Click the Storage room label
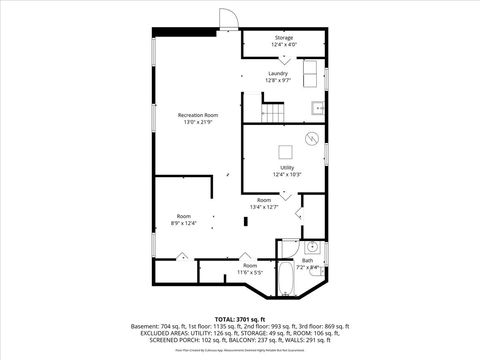(x=284, y=38)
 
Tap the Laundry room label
(x=278, y=73)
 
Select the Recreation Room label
(x=198, y=115)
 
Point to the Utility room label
(x=287, y=167)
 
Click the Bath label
(x=308, y=260)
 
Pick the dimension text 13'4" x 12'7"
(x=264, y=207)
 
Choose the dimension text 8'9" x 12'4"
(x=184, y=223)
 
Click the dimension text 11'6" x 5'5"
(x=249, y=272)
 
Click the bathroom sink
(x=312, y=245)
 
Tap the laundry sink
(x=318, y=107)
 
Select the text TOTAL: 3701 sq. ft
(x=240, y=318)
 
